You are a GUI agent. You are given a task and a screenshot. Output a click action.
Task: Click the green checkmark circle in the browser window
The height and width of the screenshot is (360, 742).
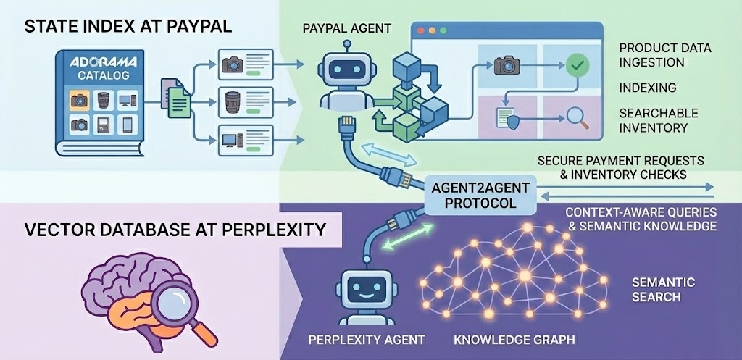(578, 65)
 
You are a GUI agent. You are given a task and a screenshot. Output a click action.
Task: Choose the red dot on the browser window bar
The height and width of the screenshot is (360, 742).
(422, 32)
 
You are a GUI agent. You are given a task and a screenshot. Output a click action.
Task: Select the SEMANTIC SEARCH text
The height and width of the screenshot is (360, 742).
(663, 289)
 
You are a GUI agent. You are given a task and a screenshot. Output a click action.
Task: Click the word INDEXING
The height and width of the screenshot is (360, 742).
(647, 88)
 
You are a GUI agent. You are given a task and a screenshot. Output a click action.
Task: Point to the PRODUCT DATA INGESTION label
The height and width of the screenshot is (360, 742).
(665, 55)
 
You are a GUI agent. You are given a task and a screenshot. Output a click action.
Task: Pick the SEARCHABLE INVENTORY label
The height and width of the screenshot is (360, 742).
(658, 120)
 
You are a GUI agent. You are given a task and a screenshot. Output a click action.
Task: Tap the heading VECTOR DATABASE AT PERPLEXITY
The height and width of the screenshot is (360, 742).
(174, 231)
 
